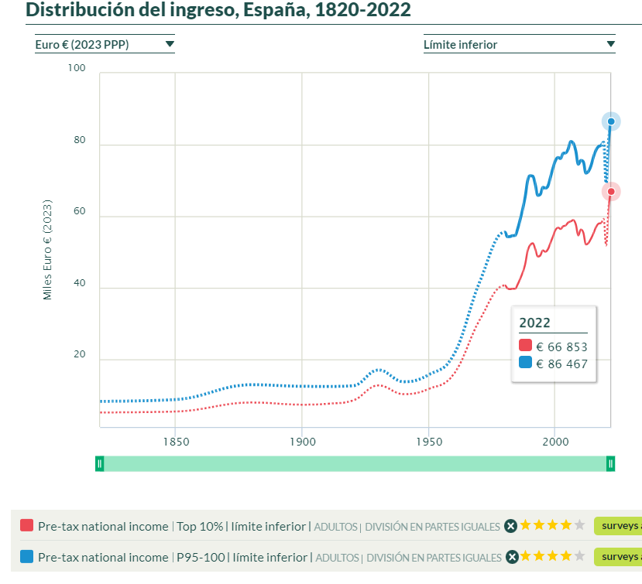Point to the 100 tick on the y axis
pos(77,69)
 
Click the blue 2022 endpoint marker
pos(611,121)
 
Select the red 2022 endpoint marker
pos(611,191)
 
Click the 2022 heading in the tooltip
pos(535,323)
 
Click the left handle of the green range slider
pos(99,463)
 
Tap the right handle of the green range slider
pos(611,463)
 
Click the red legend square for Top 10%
pos(27,526)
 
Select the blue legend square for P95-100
pos(27,556)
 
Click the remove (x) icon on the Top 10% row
pos(510,526)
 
